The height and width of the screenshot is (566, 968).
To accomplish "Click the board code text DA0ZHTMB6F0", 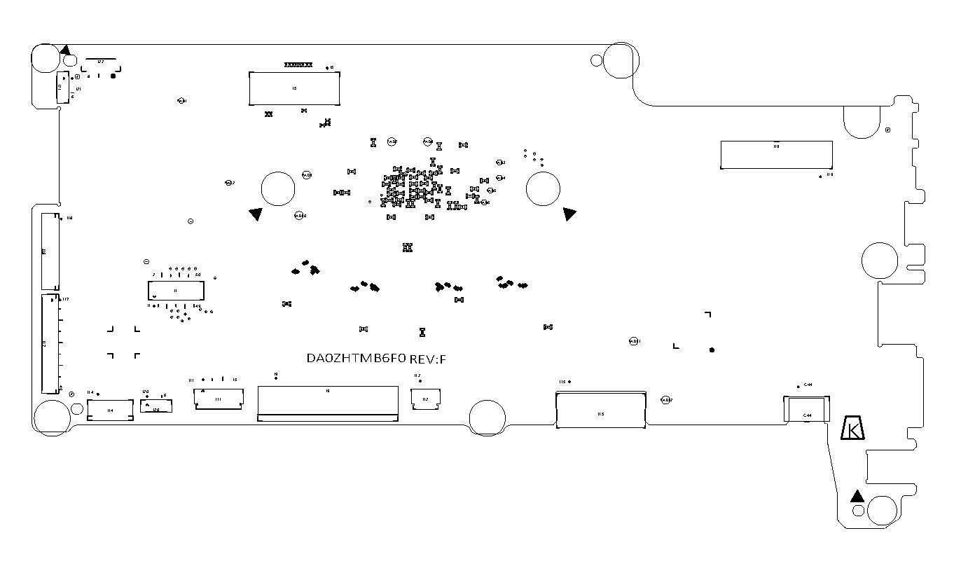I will (356, 359).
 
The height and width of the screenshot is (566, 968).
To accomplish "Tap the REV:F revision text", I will (428, 359).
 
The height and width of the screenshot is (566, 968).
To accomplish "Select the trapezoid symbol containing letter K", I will (852, 429).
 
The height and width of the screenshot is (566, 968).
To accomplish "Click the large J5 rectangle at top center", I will (295, 88).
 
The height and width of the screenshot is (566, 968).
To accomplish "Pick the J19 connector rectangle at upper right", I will (776, 154).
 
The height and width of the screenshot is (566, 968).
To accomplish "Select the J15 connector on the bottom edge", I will (600, 410).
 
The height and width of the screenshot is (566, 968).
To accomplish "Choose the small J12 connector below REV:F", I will (425, 399).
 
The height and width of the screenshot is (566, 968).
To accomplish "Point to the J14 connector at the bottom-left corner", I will (110, 410).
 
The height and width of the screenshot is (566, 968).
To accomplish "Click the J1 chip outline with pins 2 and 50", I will (175, 291).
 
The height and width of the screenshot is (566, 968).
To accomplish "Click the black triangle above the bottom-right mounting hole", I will (856, 496).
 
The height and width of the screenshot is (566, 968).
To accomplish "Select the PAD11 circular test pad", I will (634, 341).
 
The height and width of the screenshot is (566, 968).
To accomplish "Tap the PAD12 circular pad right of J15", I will (666, 400).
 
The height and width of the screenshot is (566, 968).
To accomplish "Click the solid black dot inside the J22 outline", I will (113, 76).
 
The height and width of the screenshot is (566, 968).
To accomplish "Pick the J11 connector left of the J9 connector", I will (218, 399).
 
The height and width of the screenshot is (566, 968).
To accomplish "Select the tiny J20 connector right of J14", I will (155, 406).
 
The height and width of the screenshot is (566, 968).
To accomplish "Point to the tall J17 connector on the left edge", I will (49, 343).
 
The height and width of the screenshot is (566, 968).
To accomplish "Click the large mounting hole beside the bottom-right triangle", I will (882, 511).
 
